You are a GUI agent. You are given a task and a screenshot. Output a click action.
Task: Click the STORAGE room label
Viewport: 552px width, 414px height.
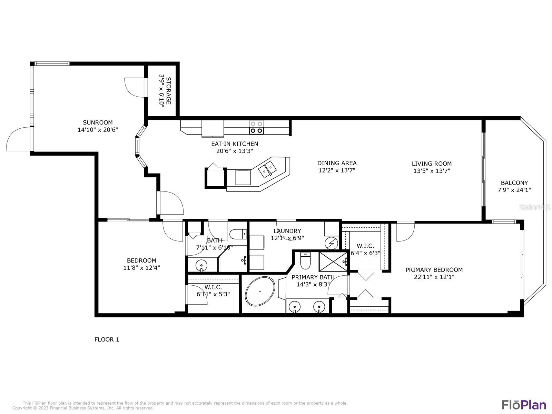click(168, 91)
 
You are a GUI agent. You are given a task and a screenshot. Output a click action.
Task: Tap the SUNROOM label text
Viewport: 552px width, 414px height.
click(98, 122)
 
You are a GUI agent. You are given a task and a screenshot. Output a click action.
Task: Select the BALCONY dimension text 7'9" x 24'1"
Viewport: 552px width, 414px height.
click(514, 190)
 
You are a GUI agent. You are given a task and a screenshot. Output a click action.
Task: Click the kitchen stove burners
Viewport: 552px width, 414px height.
click(256, 127)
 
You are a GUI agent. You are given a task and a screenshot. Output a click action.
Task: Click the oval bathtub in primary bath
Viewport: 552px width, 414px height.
click(260, 291)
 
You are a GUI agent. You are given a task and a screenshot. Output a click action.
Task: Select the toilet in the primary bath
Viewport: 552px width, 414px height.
click(306, 260)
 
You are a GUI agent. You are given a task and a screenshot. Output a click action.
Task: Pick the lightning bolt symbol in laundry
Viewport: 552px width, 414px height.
click(331, 243)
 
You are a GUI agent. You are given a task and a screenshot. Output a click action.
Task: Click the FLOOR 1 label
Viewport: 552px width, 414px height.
click(107, 339)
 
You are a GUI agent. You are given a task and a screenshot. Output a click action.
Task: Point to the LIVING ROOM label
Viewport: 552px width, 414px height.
click(432, 164)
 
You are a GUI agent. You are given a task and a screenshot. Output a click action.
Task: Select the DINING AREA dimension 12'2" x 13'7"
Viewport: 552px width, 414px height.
click(337, 170)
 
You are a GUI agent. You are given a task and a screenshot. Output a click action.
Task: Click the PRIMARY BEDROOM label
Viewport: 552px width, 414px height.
click(434, 270)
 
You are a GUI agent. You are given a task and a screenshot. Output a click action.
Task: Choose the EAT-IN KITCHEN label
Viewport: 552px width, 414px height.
click(235, 144)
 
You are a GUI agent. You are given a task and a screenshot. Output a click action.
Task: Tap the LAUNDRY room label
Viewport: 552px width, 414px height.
click(287, 231)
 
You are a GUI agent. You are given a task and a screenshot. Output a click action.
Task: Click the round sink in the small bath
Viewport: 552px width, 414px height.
click(201, 265)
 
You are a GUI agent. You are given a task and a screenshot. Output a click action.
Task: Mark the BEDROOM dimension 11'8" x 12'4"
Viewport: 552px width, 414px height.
click(141, 268)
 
